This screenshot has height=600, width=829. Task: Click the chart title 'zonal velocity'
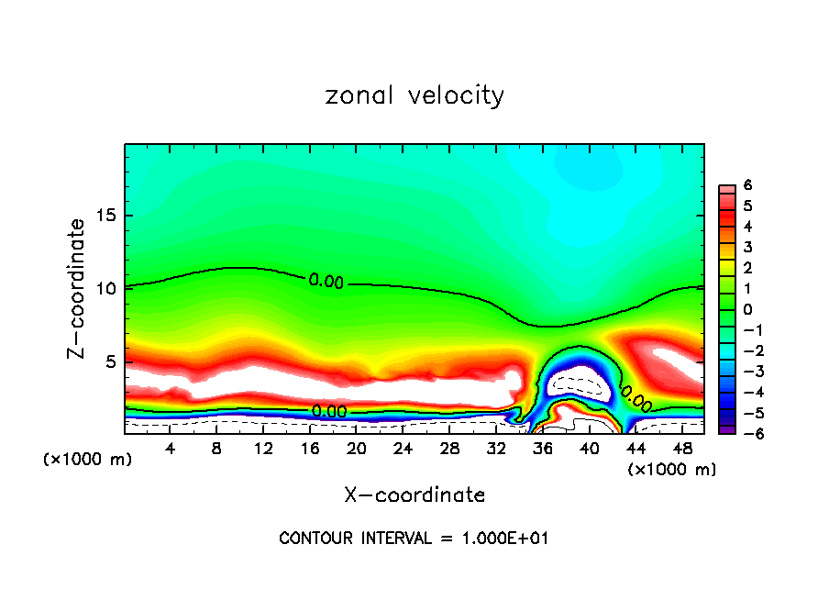[414, 95]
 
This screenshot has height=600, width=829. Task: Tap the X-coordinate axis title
[414, 495]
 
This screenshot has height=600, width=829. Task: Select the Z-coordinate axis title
[78, 288]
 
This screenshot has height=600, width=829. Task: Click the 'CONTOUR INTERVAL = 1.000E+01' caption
[414, 539]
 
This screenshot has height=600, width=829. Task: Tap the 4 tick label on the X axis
[170, 449]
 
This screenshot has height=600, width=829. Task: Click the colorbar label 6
[748, 185]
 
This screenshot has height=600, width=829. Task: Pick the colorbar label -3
[745, 371]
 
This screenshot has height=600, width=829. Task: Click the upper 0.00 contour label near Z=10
[326, 282]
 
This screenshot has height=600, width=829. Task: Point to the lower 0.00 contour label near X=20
[329, 412]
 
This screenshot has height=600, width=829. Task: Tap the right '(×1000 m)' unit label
[671, 470]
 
